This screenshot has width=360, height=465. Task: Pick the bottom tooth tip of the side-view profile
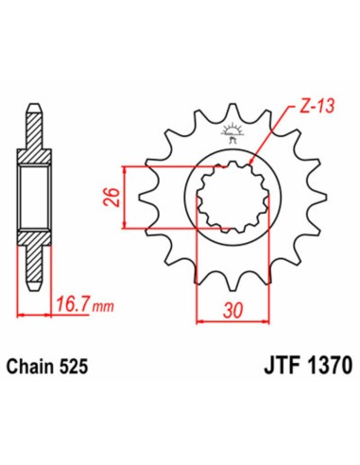35,284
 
